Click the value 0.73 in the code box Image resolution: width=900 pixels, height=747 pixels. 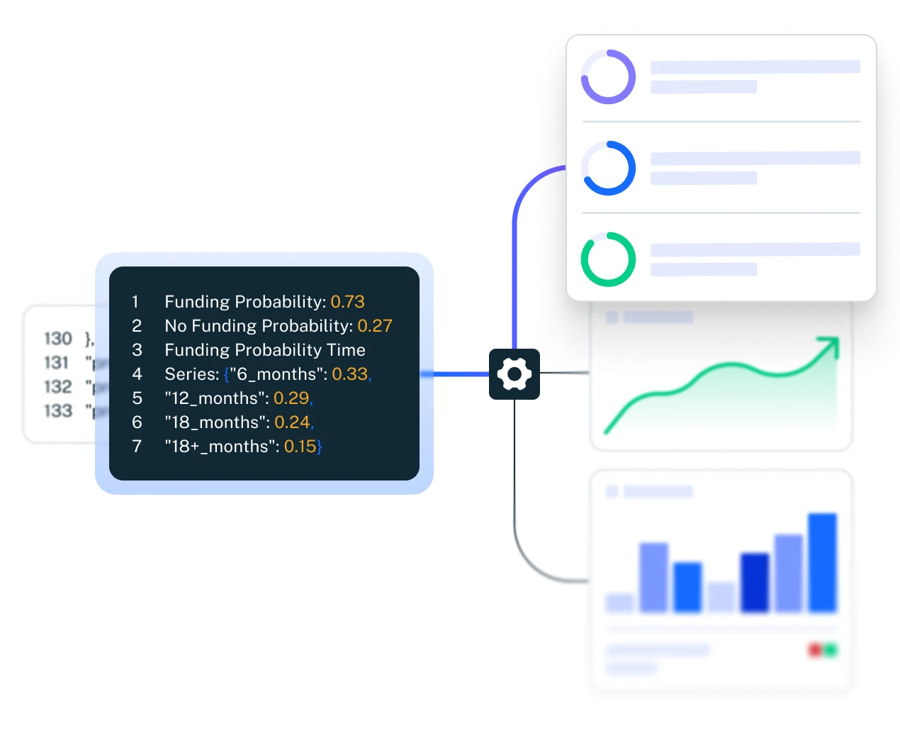[347, 302]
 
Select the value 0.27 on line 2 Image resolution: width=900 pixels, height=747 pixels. [374, 326]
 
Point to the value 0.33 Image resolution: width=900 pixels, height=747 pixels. [349, 374]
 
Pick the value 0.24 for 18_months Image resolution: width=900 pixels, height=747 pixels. [292, 422]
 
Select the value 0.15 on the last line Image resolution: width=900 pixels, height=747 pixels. [300, 446]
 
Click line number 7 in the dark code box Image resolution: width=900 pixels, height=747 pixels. [137, 446]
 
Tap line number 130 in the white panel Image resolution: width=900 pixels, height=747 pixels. [58, 339]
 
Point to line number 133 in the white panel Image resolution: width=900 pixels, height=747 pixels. [58, 411]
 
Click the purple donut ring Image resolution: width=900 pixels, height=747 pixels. [608, 77]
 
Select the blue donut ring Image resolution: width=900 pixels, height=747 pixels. [608, 169]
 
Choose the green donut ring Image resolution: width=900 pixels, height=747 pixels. [608, 259]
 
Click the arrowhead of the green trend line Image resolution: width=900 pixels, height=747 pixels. [829, 347]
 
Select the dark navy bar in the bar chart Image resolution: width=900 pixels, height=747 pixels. [755, 583]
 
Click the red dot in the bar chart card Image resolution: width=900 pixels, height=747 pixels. [815, 650]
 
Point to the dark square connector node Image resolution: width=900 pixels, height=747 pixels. [514, 373]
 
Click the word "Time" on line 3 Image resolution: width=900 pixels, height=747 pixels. [347, 350]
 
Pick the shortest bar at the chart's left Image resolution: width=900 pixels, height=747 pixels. [620, 602]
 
